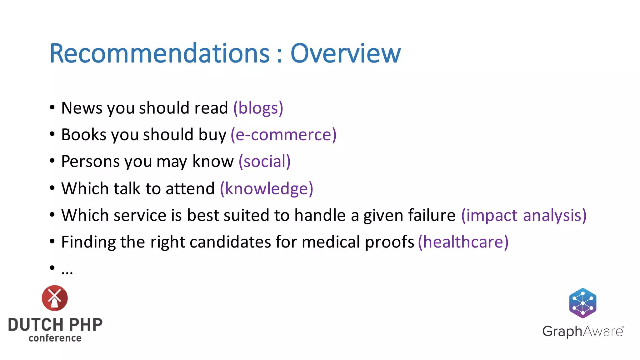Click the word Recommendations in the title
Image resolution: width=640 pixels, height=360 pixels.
click(159, 54)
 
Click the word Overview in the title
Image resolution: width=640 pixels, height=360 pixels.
click(345, 54)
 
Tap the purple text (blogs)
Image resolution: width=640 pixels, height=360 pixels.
click(258, 108)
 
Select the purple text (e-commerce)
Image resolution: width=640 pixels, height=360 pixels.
click(283, 135)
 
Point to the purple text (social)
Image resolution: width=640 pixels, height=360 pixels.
click(264, 162)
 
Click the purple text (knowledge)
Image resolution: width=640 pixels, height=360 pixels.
click(266, 189)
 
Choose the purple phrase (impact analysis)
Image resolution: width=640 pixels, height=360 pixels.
click(524, 216)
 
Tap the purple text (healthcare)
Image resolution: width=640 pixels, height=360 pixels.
click(463, 242)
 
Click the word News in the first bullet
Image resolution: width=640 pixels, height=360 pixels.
click(82, 108)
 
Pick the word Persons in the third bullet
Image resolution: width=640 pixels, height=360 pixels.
click(90, 162)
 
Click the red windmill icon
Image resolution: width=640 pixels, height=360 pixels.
click(55, 298)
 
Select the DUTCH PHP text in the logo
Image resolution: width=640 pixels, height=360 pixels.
click(55, 325)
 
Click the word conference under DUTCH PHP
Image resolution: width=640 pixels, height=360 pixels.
click(55, 338)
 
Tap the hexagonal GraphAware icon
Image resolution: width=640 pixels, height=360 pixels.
click(582, 303)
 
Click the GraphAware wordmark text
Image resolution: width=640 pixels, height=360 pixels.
click(582, 331)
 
